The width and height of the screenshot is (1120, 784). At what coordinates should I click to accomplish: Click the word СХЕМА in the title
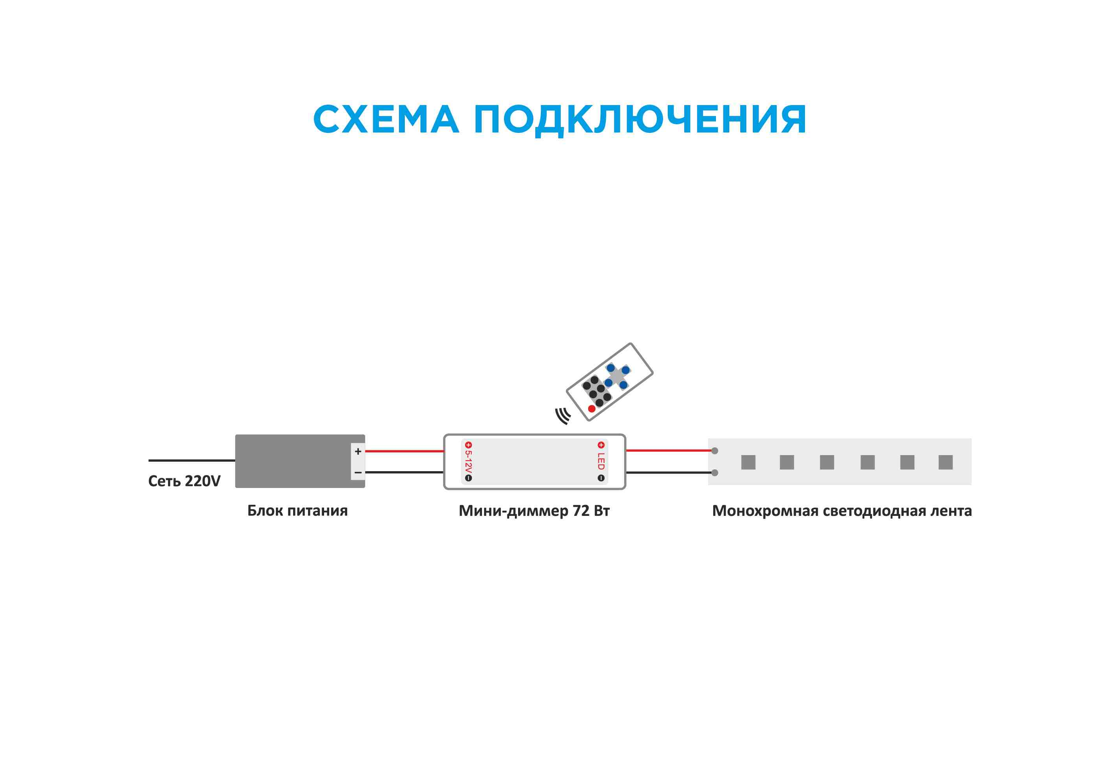385,120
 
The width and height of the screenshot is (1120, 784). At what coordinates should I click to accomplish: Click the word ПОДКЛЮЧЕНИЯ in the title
640,120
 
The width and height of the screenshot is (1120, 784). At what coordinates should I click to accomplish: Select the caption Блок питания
297,511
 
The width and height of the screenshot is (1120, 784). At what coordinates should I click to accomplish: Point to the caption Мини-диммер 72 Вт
534,511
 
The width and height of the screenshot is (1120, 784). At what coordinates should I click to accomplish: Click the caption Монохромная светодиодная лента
841,511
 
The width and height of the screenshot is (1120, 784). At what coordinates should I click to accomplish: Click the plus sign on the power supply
358,451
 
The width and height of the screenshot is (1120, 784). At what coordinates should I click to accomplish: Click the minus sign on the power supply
358,473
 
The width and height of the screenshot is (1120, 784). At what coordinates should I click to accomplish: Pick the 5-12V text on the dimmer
468,461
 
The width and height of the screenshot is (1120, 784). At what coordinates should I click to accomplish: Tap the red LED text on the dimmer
601,461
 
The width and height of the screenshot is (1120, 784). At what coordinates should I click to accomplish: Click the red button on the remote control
591,409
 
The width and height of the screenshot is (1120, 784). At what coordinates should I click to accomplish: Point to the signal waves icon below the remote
563,416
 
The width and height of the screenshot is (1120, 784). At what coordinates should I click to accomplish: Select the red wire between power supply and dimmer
404,451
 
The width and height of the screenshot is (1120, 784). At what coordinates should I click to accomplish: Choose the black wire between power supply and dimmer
404,472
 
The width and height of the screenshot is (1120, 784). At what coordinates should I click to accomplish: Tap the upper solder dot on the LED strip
715,451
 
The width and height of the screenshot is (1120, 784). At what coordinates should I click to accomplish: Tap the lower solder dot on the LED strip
715,473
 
